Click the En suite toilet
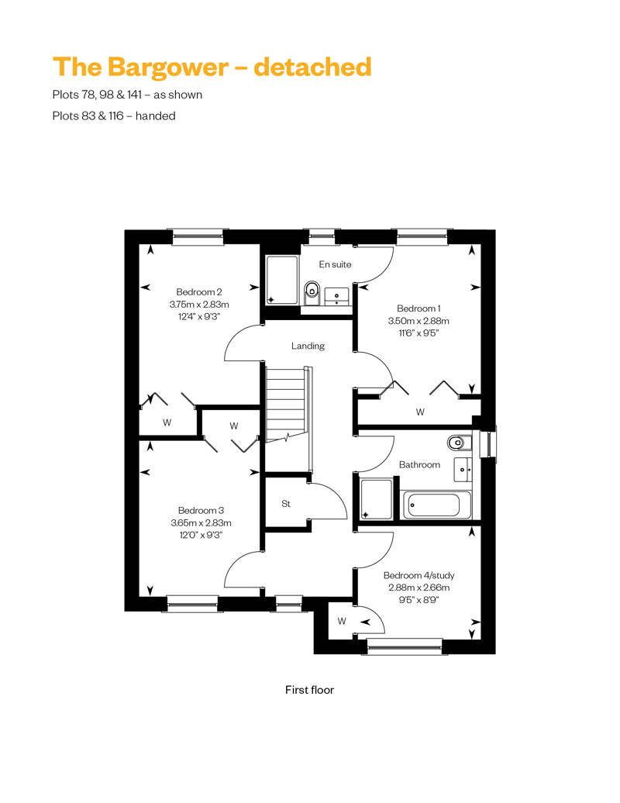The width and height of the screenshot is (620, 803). click(312, 291)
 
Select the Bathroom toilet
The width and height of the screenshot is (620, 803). click(457, 442)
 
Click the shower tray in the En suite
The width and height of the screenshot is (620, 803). click(281, 280)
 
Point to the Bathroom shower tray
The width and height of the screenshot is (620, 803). click(377, 499)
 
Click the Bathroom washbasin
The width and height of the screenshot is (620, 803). click(463, 469)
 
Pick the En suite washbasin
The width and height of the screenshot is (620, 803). click(337, 297)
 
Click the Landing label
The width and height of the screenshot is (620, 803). click(308, 346)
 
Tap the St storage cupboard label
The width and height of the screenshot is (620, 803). click(286, 504)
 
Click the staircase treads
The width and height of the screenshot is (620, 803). click(284, 405)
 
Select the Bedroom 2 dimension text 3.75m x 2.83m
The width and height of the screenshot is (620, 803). click(199, 304)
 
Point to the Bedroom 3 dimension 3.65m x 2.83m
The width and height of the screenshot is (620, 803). click(201, 523)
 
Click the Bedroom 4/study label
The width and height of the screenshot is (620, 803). click(418, 576)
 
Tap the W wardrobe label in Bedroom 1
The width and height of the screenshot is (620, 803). click(420, 412)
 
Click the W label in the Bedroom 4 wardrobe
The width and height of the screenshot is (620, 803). click(342, 621)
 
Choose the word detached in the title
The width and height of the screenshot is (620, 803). click(312, 67)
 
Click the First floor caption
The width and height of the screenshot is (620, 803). click(309, 690)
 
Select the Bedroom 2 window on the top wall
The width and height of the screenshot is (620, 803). click(198, 236)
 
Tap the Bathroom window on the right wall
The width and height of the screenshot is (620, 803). click(488, 443)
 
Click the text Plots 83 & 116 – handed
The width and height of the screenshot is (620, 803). click(114, 115)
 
